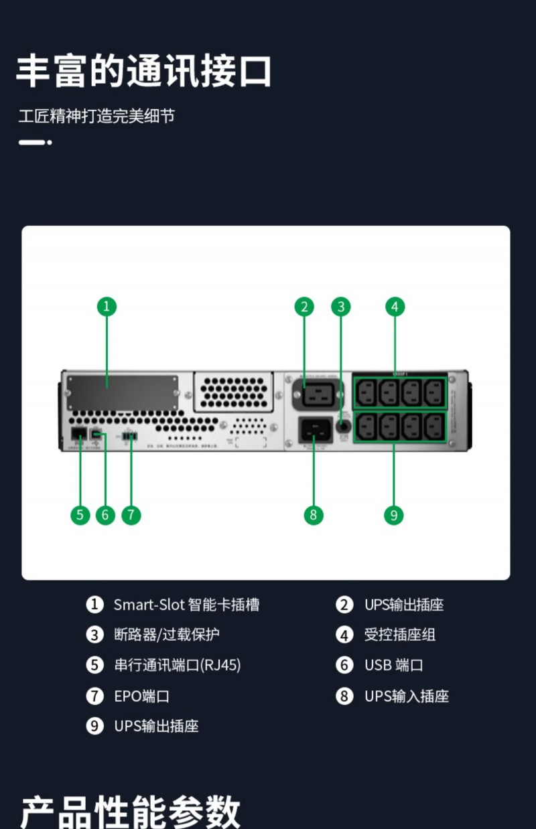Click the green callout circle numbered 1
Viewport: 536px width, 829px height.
pos(107,307)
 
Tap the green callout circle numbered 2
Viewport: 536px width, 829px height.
pos(304,307)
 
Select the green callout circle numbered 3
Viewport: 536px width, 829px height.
pos(341,307)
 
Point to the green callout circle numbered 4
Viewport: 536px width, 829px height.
pos(395,307)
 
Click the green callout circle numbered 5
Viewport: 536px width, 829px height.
pos(80,515)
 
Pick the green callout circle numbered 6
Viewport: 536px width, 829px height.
pos(105,515)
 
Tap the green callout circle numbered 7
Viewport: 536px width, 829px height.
pos(131,515)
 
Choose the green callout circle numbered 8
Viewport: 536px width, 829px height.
pos(313,515)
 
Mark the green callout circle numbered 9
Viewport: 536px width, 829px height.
pos(393,515)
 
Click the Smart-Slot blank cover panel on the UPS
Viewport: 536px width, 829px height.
pos(121,392)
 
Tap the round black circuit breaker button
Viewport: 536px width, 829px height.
pos(344,425)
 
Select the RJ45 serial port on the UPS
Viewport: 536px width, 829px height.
pos(78,433)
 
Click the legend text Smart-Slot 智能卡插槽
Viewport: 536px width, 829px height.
pos(186,605)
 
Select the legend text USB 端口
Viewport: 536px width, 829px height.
pos(393,665)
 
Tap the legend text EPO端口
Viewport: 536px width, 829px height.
pos(141,696)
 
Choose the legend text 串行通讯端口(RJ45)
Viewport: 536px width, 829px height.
pos(177,665)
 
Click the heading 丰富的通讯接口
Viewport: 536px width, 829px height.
pos(143,71)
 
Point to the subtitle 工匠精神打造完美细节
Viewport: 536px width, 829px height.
pos(96,116)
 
